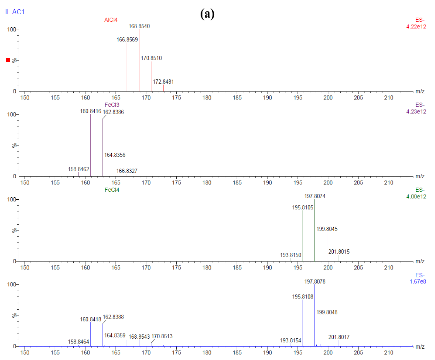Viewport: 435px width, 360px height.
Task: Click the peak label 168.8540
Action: click(139, 26)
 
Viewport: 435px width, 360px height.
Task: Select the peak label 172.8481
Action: click(163, 82)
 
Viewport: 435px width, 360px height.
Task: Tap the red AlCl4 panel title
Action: click(111, 20)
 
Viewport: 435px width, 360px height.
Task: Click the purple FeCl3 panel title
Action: click(112, 105)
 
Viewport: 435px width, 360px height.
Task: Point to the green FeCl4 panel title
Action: click(112, 190)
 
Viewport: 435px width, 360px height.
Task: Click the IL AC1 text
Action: click(15, 12)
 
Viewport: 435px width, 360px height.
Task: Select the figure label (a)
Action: click(207, 14)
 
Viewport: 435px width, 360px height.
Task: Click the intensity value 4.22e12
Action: click(416, 27)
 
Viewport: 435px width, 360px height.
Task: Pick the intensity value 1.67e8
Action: click(417, 282)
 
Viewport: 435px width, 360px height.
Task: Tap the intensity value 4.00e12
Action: click(416, 197)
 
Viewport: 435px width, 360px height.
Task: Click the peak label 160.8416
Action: click(91, 111)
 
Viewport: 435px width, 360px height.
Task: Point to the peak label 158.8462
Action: click(78, 169)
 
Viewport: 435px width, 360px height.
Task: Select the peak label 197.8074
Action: click(315, 196)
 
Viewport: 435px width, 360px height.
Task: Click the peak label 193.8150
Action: click(290, 255)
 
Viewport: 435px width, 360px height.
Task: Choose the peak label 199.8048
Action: click(327, 312)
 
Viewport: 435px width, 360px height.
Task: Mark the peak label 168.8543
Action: click(139, 337)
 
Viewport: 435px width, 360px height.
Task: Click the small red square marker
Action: click(8, 60)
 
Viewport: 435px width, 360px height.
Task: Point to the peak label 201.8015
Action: click(339, 252)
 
